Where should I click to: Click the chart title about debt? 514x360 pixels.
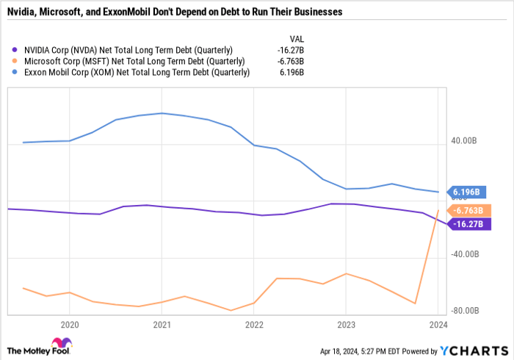184,12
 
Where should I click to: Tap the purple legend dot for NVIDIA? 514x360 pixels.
15,49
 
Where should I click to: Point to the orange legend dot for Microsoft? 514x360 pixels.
15,61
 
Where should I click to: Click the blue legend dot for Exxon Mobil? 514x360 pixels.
15,73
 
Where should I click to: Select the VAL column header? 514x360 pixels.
295,37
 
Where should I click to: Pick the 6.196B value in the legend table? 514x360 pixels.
292,73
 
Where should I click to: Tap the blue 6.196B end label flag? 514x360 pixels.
467,192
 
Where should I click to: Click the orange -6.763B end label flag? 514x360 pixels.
467,210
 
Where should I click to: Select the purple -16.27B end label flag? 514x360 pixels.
467,224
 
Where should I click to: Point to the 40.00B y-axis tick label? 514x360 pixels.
465,140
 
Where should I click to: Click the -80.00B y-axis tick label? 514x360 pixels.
465,311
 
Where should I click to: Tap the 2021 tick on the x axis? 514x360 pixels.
162,323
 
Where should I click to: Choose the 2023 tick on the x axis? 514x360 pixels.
346,323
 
